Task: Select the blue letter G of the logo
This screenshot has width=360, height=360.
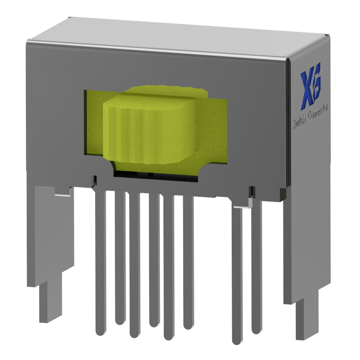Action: click(318, 85)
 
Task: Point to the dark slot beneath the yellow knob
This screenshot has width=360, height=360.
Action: click(152, 174)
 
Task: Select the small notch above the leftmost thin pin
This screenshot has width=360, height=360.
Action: click(95, 180)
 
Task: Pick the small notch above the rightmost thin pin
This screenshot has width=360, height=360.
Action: click(252, 190)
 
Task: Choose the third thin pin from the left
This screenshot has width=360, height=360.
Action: click(134, 263)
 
